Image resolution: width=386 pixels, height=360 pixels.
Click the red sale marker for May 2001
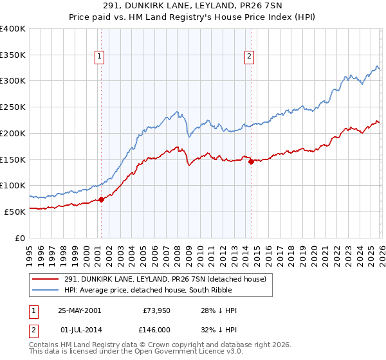coord(101,199)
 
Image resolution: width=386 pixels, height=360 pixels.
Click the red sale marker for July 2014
coord(251,161)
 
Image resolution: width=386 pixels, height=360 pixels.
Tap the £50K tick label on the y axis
coord(15,212)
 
